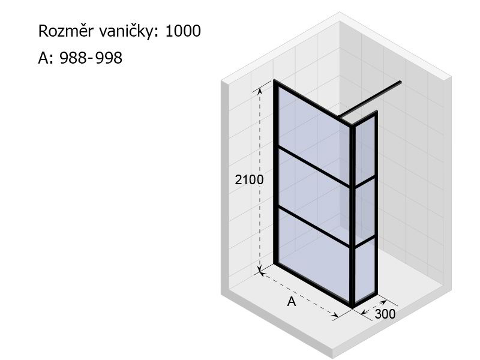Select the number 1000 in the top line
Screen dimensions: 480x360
(183, 31)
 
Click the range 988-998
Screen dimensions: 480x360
(91, 58)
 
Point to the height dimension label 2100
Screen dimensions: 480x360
(249, 179)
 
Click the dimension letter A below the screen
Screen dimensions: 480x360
(292, 302)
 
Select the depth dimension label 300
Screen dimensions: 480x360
(385, 314)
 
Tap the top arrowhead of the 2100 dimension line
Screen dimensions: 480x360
(260, 91)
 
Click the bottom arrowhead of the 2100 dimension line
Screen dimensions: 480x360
(260, 268)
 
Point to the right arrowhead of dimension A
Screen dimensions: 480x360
(335, 314)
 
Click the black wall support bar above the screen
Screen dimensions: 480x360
(370, 99)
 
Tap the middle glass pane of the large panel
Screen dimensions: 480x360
(313, 196)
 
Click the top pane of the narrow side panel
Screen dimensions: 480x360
(365, 149)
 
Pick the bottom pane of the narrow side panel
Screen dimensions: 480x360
(365, 269)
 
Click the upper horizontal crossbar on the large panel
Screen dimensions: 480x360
(313, 167)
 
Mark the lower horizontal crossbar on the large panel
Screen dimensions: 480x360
(313, 227)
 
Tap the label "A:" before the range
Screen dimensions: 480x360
(46, 58)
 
